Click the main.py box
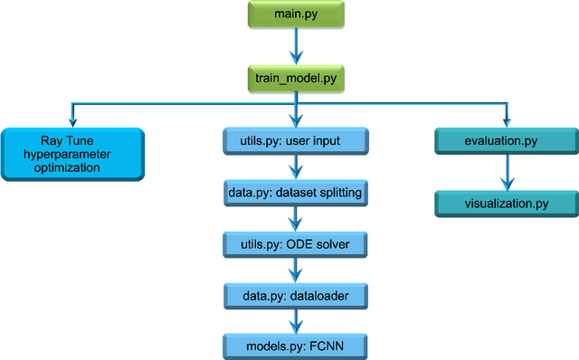point(296,15)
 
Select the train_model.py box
point(296,78)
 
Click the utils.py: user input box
point(296,141)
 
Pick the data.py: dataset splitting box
point(296,192)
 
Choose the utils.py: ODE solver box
point(296,243)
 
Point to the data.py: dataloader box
point(296,294)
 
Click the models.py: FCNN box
point(296,344)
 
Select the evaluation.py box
point(505,141)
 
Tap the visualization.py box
point(505,203)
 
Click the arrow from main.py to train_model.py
point(296,45)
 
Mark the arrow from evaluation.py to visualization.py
point(505,172)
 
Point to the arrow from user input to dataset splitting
point(296,166)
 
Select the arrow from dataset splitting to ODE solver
point(296,217)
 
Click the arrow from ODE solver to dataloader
point(296,269)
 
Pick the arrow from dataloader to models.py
point(296,319)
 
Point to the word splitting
point(337,193)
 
